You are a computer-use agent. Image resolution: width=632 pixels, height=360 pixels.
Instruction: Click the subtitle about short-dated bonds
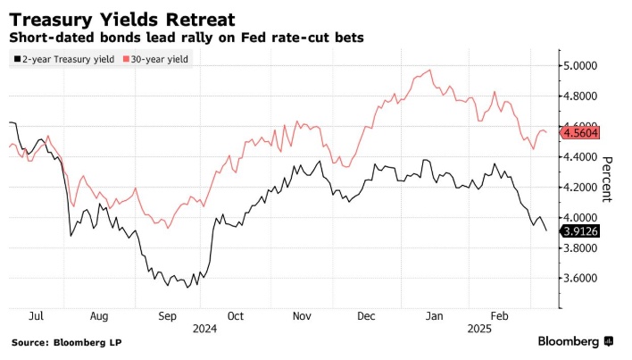coord(187,38)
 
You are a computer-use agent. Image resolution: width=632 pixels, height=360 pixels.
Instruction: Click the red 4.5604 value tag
coord(580,132)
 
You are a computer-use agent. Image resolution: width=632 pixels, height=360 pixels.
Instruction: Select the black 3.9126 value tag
coord(580,230)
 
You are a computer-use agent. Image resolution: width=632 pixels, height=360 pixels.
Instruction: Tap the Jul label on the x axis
coord(37,316)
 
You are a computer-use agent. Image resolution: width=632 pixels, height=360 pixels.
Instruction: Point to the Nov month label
coord(301,316)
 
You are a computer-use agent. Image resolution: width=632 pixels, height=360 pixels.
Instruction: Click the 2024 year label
coord(204,329)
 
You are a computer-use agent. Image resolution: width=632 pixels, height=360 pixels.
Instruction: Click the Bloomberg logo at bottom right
coord(575,341)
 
